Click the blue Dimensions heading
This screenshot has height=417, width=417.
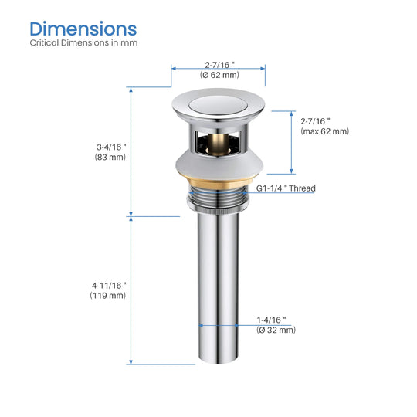pyautogui.click(x=83, y=29)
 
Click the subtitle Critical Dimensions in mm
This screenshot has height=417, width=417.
pyautogui.click(x=83, y=42)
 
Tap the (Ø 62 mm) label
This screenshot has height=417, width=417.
pyautogui.click(x=219, y=75)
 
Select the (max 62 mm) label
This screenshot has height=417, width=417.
pyautogui.click(x=324, y=131)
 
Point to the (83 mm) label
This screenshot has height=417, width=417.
pyautogui.click(x=110, y=157)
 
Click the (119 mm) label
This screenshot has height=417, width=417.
pyautogui.click(x=107, y=296)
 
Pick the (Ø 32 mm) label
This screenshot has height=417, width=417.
pyautogui.click(x=276, y=330)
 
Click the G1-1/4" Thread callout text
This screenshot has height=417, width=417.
pyautogui.click(x=286, y=188)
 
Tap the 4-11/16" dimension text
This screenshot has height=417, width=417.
pyautogui.click(x=109, y=286)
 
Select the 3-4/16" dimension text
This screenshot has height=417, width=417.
pyautogui.click(x=111, y=147)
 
